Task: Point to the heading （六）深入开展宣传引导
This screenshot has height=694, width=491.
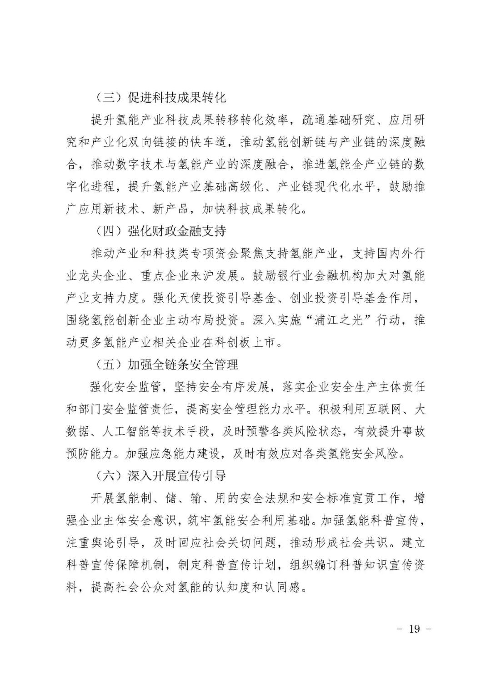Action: coord(161,475)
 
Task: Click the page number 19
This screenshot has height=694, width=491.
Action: coord(414,629)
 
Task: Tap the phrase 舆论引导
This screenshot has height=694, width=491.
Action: coord(118,542)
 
